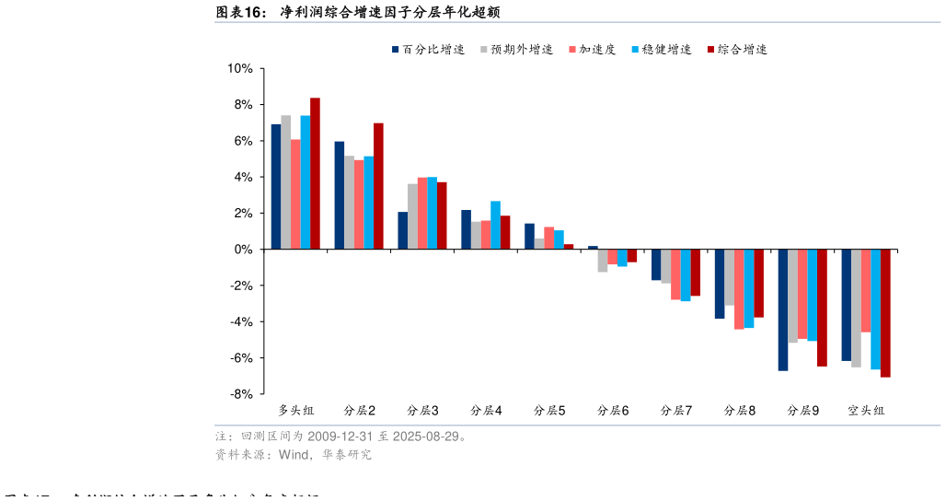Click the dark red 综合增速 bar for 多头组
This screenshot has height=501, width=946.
pyautogui.click(x=315, y=173)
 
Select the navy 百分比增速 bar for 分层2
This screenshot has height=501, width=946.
pyautogui.click(x=340, y=195)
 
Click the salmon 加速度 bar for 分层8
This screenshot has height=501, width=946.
pyautogui.click(x=739, y=289)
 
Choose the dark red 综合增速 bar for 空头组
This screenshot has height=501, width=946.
pyautogui.click(x=885, y=313)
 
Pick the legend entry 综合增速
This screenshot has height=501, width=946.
pyautogui.click(x=742, y=50)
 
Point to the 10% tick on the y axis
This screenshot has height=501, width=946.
pyautogui.click(x=240, y=69)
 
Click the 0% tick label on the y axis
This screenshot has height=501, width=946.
pyautogui.click(x=243, y=250)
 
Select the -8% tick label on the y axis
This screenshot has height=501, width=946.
pyautogui.click(x=240, y=394)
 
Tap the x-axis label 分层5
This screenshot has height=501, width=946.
pyautogui.click(x=549, y=410)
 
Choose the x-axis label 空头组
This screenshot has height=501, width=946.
pyautogui.click(x=866, y=410)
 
